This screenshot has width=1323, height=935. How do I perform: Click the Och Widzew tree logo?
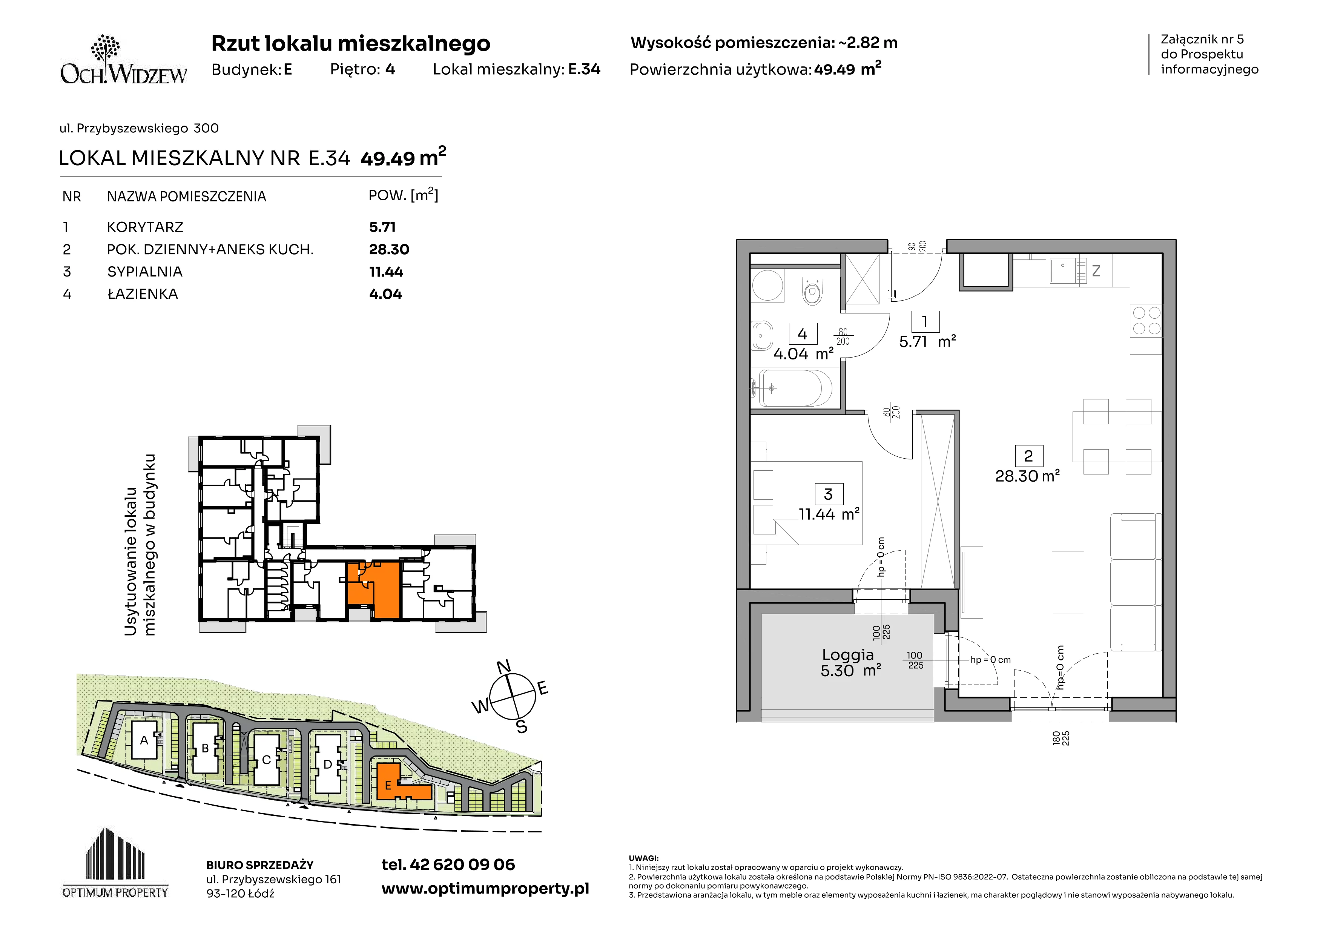106,48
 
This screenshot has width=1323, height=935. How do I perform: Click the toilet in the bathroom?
812,291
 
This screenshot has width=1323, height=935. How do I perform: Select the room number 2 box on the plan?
1028,456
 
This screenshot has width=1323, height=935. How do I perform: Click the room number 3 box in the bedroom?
829,494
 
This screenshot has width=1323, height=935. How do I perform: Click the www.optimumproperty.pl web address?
485,889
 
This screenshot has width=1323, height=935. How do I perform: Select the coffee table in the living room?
1068,582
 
